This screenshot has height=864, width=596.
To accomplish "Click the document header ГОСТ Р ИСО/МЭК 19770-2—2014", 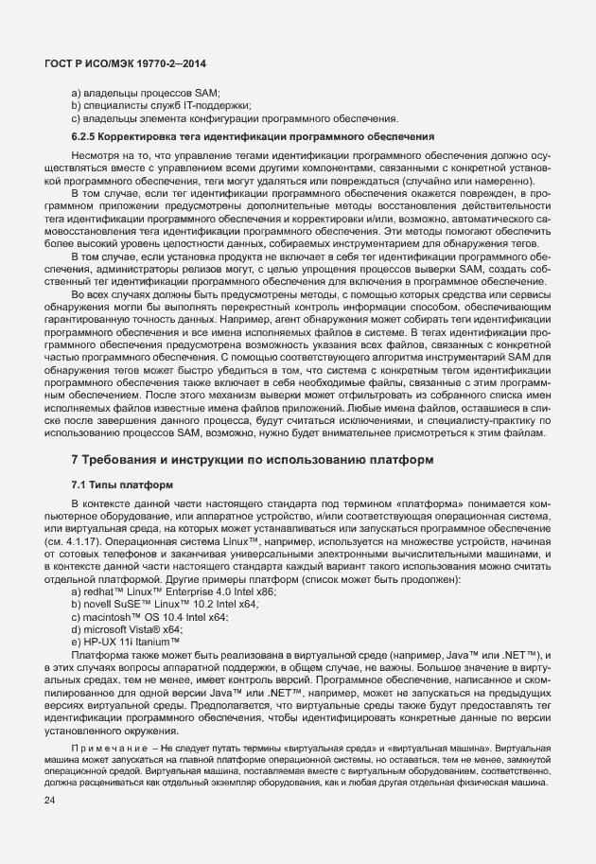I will tap(126, 63).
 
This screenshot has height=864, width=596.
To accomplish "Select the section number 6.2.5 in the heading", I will tap(87, 137).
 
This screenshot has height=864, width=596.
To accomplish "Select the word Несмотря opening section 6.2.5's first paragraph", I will tap(95, 153).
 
